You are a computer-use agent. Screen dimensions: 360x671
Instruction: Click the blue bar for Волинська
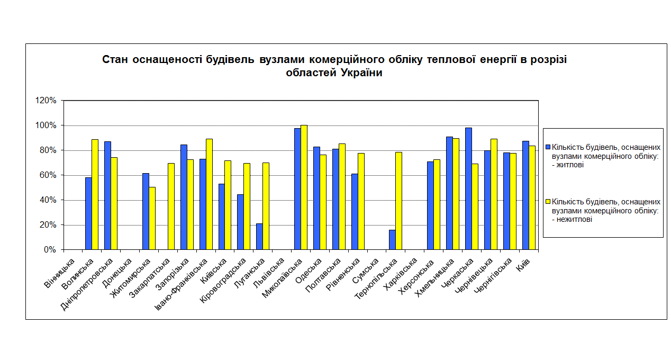(x=88, y=213)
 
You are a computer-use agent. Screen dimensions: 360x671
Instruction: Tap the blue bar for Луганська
(x=259, y=236)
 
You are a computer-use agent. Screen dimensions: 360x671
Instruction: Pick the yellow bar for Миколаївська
(x=304, y=187)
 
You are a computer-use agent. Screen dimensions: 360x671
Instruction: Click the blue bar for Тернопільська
(x=392, y=239)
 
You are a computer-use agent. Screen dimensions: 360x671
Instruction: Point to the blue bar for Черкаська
(x=468, y=188)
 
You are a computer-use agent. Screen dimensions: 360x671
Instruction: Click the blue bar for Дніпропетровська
(x=107, y=195)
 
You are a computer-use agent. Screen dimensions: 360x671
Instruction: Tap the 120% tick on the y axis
(x=46, y=101)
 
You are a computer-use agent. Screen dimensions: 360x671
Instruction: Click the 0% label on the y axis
(x=50, y=250)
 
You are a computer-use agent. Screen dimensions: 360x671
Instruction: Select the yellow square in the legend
(x=548, y=202)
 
